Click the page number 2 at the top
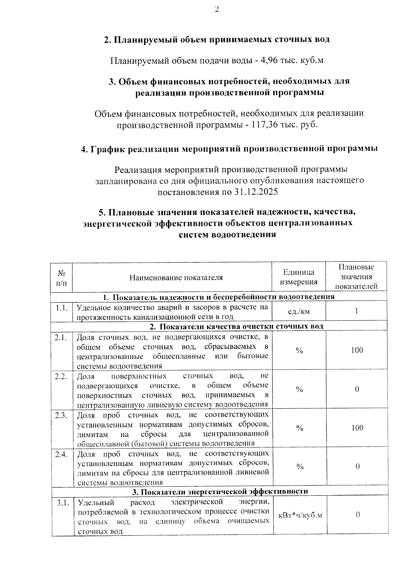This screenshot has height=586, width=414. tap(217, 10)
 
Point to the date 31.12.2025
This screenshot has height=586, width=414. tap(256, 192)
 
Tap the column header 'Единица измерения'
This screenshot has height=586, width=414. tap(299, 277)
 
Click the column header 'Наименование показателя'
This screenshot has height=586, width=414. tap(176, 277)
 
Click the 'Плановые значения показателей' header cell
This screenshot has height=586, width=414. tap(356, 276)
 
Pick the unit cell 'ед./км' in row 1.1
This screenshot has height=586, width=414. tap(299, 312)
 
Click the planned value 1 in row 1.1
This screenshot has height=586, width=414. tap(357, 311)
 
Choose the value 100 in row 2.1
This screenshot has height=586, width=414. tap(357, 350)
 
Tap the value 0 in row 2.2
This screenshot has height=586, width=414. tap(357, 389)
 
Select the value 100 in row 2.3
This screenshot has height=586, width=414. tap(357, 428)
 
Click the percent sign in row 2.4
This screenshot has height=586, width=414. tap(299, 467)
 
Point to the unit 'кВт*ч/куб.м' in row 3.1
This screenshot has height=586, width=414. tap(300, 515)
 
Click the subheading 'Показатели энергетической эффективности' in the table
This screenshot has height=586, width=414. tap(220, 491)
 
